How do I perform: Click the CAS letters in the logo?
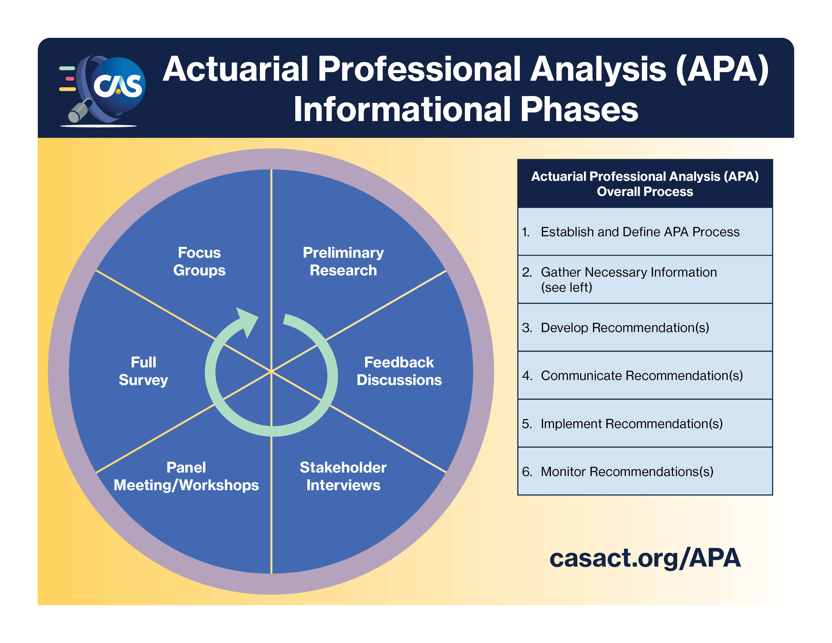click(x=118, y=86)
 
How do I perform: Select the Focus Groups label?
click(x=199, y=261)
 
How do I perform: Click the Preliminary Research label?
click(x=343, y=261)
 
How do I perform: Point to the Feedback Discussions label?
click(x=399, y=371)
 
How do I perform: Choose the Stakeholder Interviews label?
click(x=343, y=476)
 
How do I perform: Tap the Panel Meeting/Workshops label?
click(x=186, y=476)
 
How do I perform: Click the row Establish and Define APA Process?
click(x=640, y=231)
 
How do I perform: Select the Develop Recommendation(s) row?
click(x=625, y=328)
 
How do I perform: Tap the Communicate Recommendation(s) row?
click(x=642, y=376)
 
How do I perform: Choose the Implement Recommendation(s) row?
click(x=632, y=424)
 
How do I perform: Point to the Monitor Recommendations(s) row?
click(x=627, y=472)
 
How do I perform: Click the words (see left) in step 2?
click(x=567, y=287)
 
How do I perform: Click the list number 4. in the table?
click(x=527, y=376)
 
